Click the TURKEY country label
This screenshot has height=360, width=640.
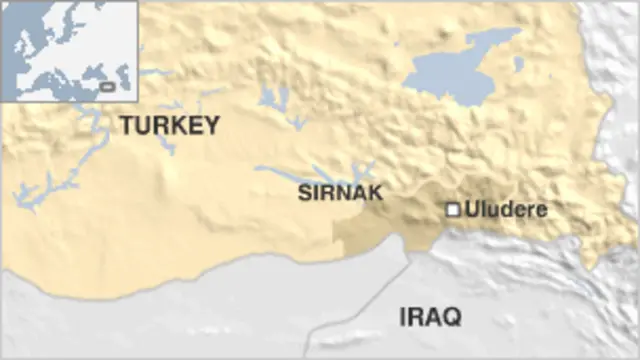pos(168,126)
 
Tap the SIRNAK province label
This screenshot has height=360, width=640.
pos(340,194)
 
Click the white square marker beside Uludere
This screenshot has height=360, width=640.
pos(452,210)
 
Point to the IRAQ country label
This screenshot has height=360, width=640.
pos(429,318)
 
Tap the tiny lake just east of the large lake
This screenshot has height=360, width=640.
pos(518,64)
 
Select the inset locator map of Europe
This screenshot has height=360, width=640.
pos(69,50)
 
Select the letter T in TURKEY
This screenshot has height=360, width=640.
pos(126,126)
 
